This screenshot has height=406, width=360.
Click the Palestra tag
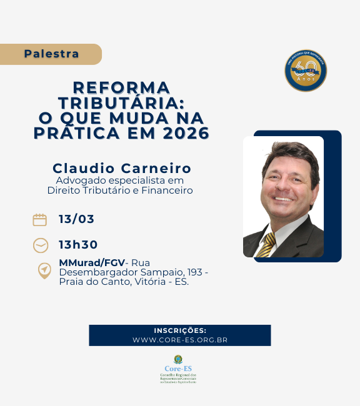(x=52, y=54)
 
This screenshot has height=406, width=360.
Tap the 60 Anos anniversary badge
(x=306, y=70)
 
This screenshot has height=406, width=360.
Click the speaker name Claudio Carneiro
(x=122, y=168)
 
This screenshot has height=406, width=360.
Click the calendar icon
(x=40, y=219)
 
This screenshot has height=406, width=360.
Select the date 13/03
(x=76, y=219)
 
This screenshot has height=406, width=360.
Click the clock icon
(x=41, y=245)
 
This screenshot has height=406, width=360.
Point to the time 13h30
(x=78, y=244)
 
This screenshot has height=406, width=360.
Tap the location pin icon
(x=44, y=270)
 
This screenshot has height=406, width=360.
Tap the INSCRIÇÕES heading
(x=180, y=330)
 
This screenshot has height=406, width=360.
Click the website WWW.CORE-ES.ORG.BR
(x=180, y=340)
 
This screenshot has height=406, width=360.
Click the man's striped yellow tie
(x=267, y=245)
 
